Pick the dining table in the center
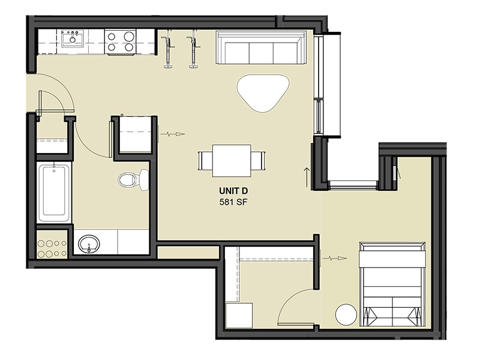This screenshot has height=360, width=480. click(231, 160)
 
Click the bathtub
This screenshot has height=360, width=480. click(54, 191)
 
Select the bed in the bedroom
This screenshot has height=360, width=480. click(392, 284)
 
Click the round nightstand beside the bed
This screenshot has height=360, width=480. click(346, 315)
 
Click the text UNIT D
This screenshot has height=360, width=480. click(234, 191)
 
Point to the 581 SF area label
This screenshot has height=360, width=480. click(234, 202)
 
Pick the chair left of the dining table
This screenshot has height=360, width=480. click(205, 161)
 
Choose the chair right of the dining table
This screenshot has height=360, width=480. click(257, 161)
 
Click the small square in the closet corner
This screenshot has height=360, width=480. click(239, 316)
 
